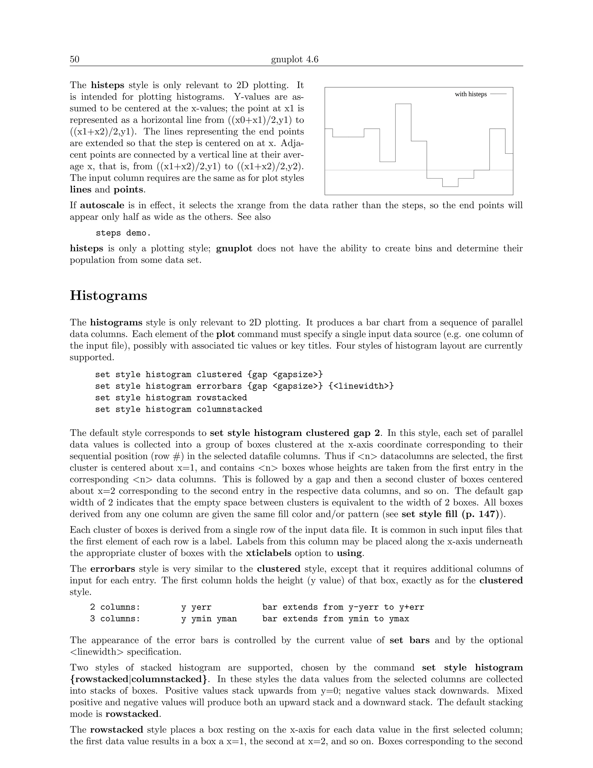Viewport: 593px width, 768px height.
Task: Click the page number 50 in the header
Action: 74,59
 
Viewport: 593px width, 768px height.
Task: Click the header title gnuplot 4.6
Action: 294,59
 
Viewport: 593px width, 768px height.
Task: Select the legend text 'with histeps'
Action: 471,94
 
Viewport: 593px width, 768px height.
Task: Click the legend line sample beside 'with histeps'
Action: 498,94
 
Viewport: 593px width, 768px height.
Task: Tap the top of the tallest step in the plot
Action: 403,104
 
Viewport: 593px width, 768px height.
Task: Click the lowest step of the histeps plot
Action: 450,186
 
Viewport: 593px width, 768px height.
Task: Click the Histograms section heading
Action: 109,295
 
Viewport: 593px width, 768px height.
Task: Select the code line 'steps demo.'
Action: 123,233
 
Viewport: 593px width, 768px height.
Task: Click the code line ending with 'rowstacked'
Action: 171,398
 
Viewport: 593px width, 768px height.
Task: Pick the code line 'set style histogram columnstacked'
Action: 178,409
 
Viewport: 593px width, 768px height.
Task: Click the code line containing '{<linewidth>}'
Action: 244,386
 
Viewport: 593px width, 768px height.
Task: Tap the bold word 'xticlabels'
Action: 268,553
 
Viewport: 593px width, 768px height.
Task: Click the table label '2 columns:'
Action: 115,607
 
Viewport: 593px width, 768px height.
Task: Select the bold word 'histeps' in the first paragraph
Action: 107,85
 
